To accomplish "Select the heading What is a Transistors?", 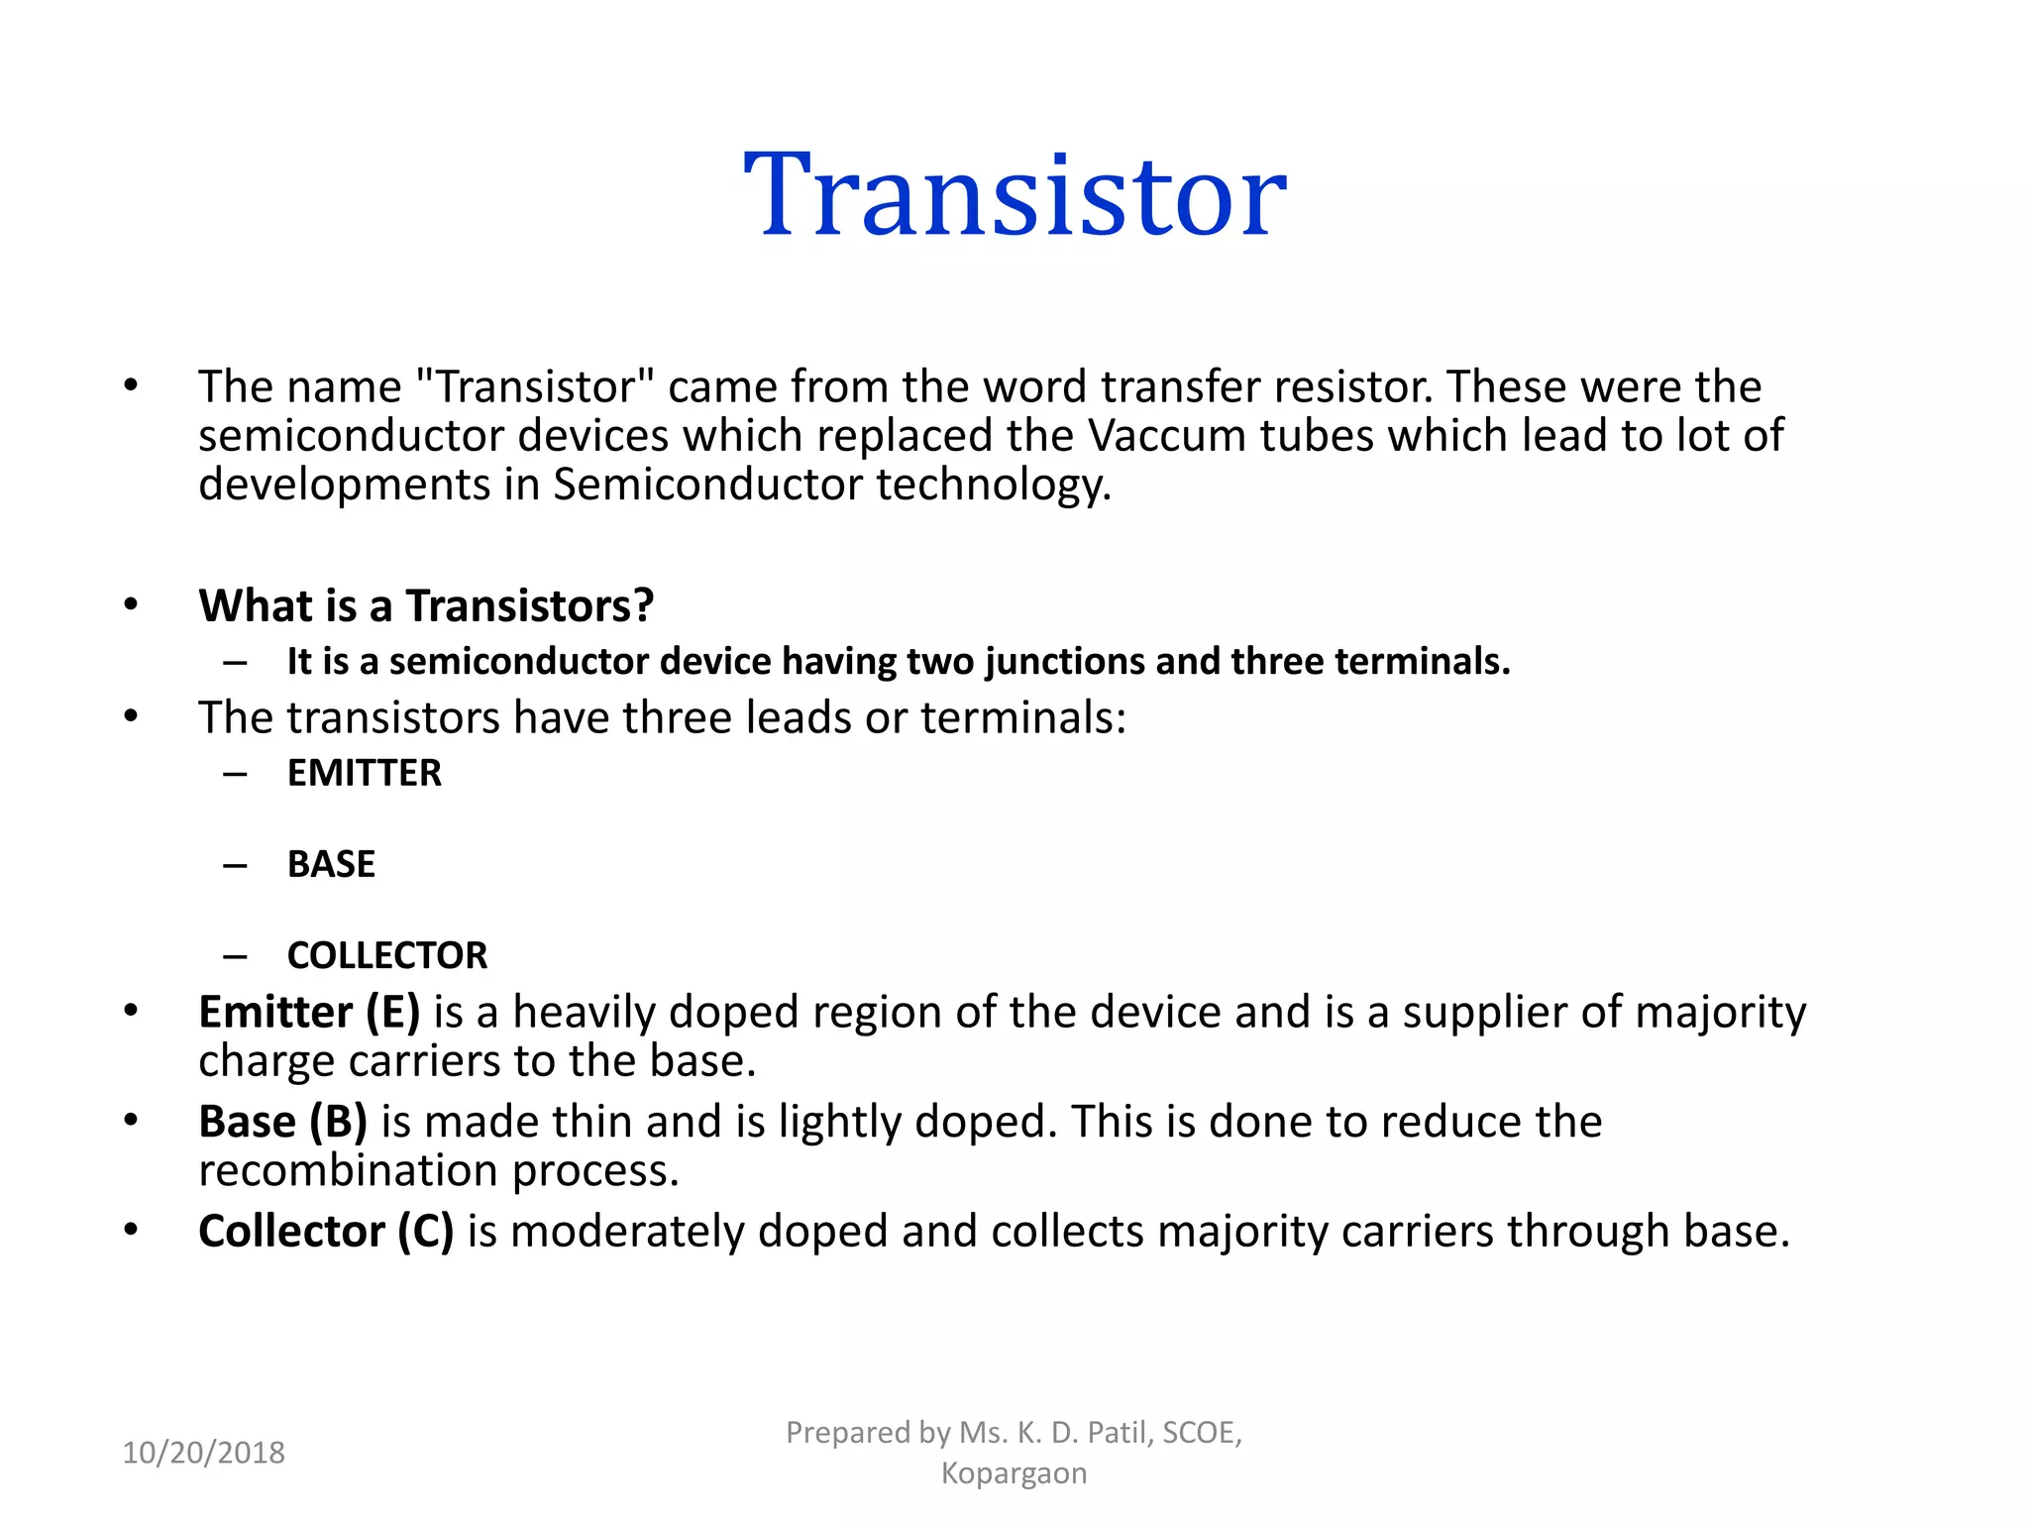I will tap(426, 605).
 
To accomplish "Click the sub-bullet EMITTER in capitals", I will tap(364, 773).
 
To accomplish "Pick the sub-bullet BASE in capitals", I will tap(331, 864).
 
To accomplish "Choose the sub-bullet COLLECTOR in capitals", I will tap(387, 955).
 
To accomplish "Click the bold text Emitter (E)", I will tap(309, 1012).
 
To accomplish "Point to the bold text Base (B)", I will tap(282, 1122).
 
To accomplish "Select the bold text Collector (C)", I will tap(326, 1232).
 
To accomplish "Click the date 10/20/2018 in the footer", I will tap(203, 1453).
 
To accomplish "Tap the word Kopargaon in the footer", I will tap(1014, 1473).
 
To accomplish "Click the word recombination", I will tap(349, 1170).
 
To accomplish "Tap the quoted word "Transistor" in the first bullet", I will tap(535, 386).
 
